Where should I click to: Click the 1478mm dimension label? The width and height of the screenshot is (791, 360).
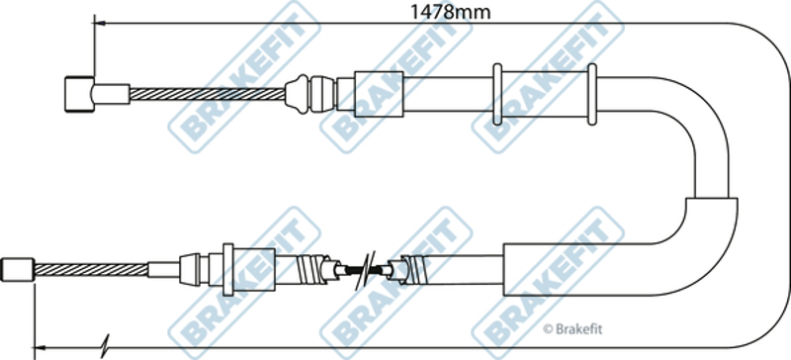(450, 11)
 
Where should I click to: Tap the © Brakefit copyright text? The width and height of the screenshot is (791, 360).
(572, 329)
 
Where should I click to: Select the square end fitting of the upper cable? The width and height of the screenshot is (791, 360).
(79, 94)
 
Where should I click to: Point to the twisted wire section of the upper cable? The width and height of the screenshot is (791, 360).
(207, 94)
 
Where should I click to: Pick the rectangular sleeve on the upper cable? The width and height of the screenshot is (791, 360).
(379, 94)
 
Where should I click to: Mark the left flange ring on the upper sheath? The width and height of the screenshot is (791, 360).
(497, 94)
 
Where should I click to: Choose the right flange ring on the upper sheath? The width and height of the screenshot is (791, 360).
(592, 94)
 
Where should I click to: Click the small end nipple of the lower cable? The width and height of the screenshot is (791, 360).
(18, 270)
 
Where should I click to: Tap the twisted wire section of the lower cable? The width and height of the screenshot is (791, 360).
(91, 270)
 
